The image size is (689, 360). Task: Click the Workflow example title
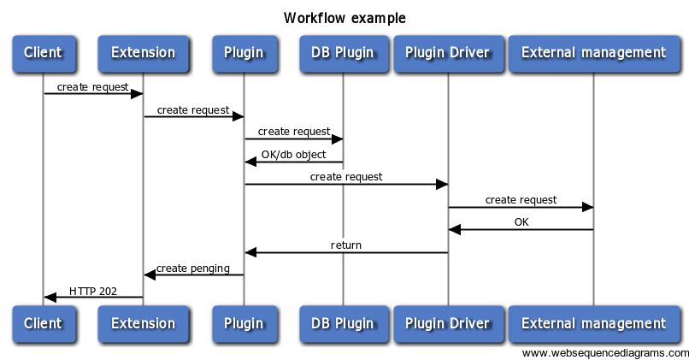click(x=344, y=18)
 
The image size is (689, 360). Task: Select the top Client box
click(x=43, y=53)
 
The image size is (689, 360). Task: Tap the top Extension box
click(x=143, y=53)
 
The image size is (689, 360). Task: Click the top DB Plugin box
click(x=342, y=53)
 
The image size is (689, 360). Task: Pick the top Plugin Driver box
click(x=447, y=53)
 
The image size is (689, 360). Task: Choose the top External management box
click(x=593, y=53)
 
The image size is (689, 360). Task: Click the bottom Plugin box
click(x=244, y=323)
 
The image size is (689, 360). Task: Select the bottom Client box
click(x=43, y=323)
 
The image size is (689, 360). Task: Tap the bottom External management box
click(x=593, y=323)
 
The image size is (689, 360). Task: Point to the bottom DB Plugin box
click(x=342, y=323)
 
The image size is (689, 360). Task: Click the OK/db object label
click(x=293, y=155)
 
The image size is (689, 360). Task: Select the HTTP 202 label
click(x=93, y=291)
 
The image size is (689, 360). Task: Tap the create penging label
click(x=193, y=269)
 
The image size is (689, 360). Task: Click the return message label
click(x=346, y=245)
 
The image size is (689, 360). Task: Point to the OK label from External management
click(x=521, y=222)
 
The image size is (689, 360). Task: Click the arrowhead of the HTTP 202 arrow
click(x=50, y=298)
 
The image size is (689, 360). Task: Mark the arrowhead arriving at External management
click(x=587, y=207)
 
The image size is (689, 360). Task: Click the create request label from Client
click(x=93, y=87)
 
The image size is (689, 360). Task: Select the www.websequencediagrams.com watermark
click(x=605, y=352)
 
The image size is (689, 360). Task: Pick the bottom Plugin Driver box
click(x=447, y=323)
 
